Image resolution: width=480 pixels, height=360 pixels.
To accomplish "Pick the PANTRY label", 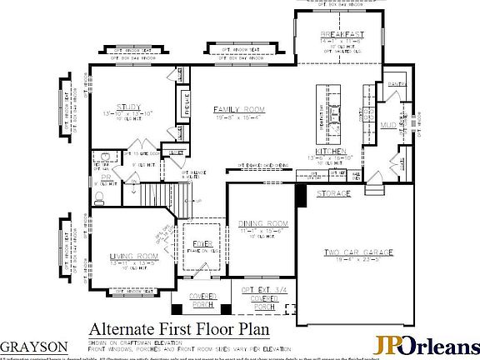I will click(396, 85).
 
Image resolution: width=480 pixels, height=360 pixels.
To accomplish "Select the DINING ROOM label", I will click(263, 223).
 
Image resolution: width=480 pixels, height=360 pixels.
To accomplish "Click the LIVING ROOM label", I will click(133, 256).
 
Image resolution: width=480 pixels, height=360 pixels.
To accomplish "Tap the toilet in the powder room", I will click(99, 197).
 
